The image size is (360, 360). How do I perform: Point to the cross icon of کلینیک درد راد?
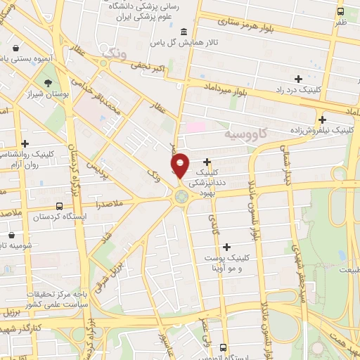298,79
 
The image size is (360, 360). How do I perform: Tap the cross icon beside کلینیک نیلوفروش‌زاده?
323,120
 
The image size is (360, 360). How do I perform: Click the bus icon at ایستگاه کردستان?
58,207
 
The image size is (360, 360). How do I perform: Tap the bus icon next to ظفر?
340,11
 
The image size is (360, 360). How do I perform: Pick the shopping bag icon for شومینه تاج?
11,235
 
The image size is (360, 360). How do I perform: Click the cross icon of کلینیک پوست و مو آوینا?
226,247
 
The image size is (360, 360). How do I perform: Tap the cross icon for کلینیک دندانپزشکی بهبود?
207,162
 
